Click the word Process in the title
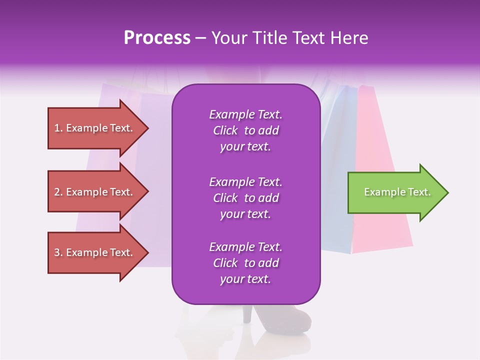pos(157,38)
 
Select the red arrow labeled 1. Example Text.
pos(95,128)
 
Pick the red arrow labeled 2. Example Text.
pos(95,192)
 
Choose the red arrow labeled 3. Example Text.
pos(95,252)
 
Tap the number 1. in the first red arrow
pos(58,128)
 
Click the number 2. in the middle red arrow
pos(58,192)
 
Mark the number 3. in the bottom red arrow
pos(58,252)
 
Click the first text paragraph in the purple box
pos(245,130)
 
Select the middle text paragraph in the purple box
pos(245,197)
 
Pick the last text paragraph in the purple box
pos(245,263)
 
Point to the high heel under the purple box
pos(248,312)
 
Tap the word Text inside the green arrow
pos(419,192)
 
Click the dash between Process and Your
pos(200,38)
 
